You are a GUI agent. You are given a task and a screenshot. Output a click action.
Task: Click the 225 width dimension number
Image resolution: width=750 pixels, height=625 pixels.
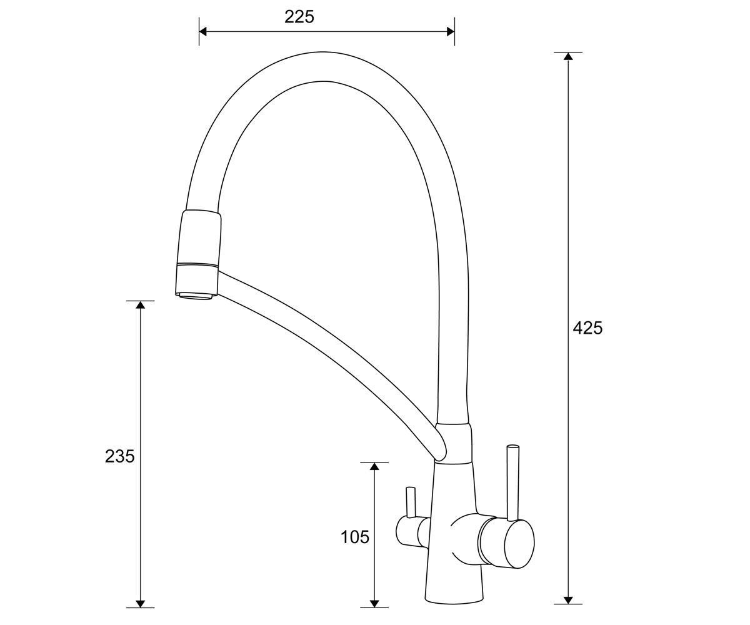point(299,17)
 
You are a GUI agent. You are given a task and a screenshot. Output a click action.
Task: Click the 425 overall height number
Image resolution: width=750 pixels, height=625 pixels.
point(587,328)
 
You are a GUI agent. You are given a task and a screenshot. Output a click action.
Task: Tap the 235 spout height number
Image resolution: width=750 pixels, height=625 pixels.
point(119,456)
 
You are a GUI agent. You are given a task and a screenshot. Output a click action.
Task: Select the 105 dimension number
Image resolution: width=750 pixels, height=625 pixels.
point(355,537)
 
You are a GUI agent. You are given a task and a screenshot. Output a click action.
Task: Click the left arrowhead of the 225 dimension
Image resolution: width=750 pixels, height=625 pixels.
point(203,32)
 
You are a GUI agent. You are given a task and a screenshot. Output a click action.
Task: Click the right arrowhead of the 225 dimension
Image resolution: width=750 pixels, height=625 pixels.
point(451,32)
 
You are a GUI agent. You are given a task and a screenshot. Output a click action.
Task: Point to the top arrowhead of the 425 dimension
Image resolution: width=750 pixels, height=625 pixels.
point(568,56)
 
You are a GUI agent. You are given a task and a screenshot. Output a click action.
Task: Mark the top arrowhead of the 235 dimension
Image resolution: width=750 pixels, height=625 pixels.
point(141,304)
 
